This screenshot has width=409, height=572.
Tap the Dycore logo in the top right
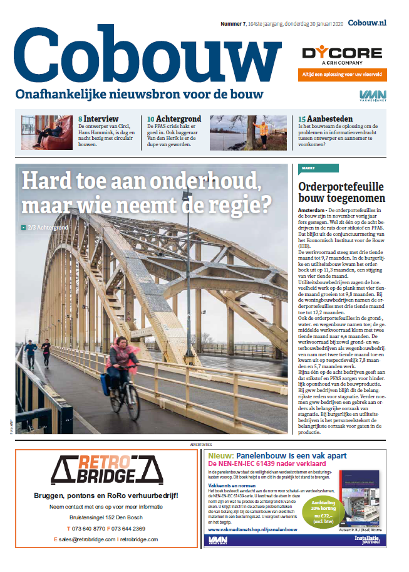(x=341, y=55)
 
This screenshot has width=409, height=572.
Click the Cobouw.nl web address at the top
(x=367, y=23)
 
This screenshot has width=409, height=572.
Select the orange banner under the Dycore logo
(x=343, y=74)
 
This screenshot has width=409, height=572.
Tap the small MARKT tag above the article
(x=308, y=169)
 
